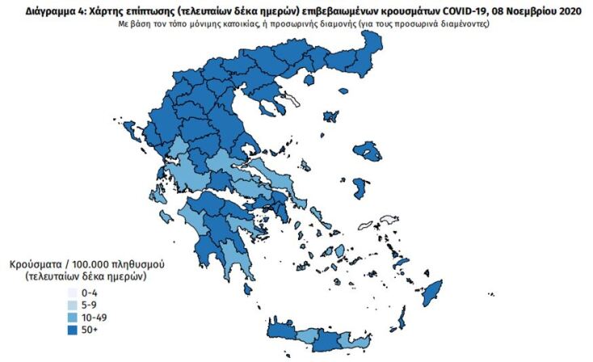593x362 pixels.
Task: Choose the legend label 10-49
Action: click(95, 318)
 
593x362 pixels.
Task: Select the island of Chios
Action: click(360, 188)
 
